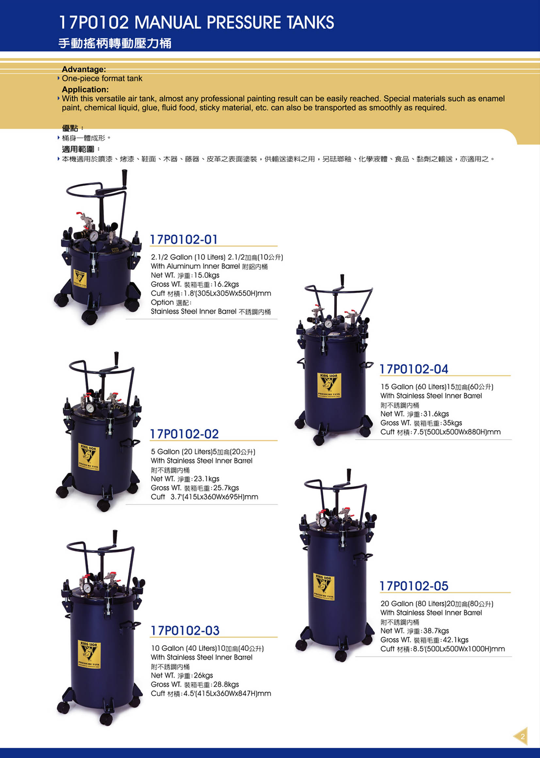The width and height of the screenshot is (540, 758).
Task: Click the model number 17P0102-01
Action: (184, 239)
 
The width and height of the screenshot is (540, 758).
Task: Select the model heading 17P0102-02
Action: (184, 434)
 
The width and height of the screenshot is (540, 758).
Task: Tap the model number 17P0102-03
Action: (185, 630)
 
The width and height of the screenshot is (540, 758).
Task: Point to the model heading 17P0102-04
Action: (414, 369)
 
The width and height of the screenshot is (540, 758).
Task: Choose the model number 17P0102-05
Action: (414, 586)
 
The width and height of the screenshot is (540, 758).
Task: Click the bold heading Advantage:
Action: (84, 69)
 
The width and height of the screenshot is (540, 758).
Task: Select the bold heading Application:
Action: (85, 89)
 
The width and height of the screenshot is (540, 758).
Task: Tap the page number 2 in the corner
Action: (523, 736)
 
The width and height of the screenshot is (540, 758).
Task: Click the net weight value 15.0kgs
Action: (206, 275)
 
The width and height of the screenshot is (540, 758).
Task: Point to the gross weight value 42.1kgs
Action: (455, 640)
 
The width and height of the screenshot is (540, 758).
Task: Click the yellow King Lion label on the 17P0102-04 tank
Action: (329, 385)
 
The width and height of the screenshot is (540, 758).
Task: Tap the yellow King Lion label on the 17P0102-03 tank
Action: (89, 654)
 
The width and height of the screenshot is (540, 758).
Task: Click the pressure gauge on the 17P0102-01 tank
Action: (94, 236)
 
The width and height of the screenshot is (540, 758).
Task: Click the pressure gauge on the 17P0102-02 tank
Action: (90, 408)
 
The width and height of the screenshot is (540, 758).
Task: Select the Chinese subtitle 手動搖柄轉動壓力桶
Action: (115, 43)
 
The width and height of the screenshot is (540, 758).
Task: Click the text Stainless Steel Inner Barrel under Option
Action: (194, 311)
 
